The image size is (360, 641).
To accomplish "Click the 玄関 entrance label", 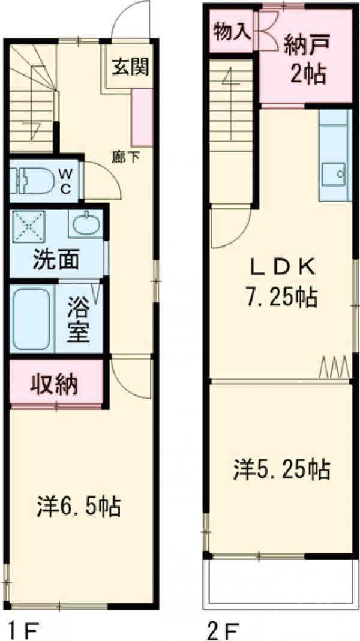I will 130,67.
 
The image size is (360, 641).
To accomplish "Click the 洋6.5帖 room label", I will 77,506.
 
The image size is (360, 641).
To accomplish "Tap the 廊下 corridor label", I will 127,158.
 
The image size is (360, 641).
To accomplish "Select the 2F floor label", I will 223,630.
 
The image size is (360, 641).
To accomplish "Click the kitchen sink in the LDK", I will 334,175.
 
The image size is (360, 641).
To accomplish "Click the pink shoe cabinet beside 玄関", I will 142,119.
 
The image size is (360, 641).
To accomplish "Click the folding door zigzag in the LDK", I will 334,366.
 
